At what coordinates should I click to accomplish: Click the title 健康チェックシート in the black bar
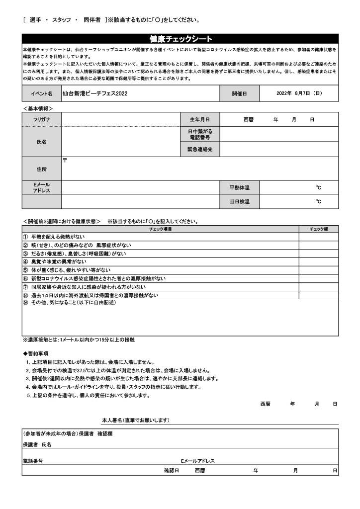[180, 39]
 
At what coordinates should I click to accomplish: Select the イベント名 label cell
[42, 93]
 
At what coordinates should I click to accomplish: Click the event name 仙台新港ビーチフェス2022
[89, 93]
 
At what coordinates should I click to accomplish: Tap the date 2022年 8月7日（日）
[299, 93]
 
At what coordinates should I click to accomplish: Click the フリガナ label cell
[42, 119]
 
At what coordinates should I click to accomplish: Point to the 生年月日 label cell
[200, 119]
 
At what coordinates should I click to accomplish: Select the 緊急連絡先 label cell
[200, 149]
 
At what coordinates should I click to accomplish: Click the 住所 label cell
[42, 169]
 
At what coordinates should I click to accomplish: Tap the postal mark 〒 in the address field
[65, 161]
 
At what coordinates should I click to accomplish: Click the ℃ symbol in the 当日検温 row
[319, 201]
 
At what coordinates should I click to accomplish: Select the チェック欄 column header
[319, 229]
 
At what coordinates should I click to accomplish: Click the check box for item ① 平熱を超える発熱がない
[319, 237]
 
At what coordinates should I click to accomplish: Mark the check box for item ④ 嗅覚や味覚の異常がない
[319, 261]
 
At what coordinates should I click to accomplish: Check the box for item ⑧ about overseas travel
[319, 295]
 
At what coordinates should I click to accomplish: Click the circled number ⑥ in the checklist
[25, 278]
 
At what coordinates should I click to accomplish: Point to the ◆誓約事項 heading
[36, 353]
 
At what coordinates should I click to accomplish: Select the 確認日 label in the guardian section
[171, 470]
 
